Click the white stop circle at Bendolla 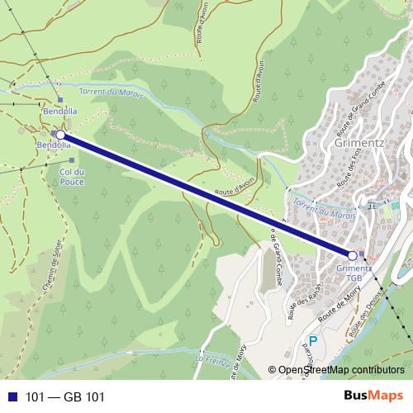[x=60, y=134]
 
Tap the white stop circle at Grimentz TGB [x=353, y=255]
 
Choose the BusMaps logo [x=373, y=396]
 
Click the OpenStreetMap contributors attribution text [x=341, y=371]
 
